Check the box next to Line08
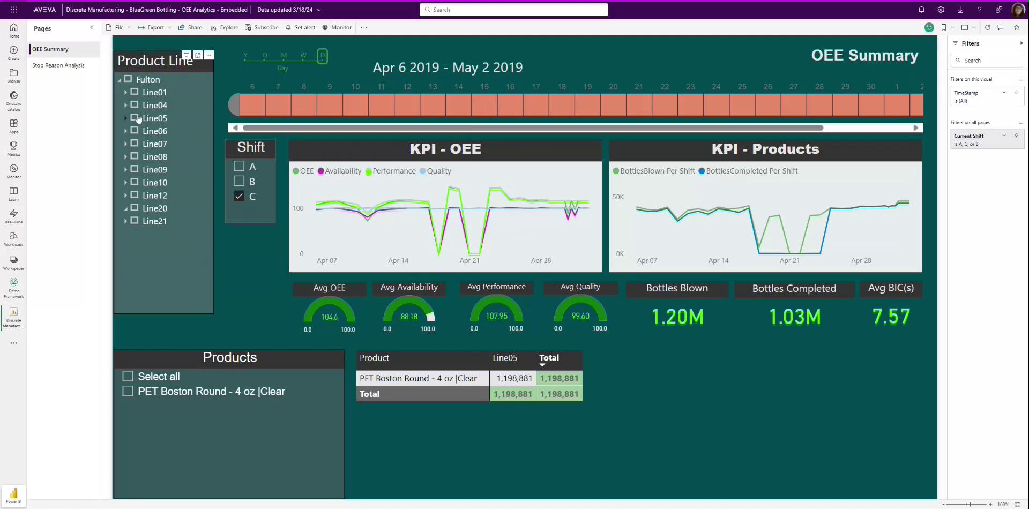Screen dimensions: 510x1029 [135, 156]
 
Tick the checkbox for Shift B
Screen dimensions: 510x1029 [239, 181]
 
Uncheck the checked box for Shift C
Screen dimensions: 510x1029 [239, 196]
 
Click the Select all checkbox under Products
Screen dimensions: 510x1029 [128, 376]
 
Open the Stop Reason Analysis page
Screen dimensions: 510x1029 [58, 65]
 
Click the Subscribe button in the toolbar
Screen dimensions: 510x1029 [262, 27]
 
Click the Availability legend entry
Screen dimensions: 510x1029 [339, 171]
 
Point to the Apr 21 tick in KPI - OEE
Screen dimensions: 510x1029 [469, 261]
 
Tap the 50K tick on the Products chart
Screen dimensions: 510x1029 [618, 197]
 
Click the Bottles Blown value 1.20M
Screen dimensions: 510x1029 [677, 317]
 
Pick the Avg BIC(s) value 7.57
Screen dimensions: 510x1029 [891, 317]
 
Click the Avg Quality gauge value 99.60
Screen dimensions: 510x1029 [580, 316]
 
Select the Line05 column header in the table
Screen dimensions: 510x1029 [505, 358]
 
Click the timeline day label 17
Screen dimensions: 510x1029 [536, 87]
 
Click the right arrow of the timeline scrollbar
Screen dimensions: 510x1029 [916, 127]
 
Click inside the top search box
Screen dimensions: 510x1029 [513, 10]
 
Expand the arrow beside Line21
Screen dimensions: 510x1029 [125, 221]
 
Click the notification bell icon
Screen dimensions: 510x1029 [921, 10]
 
